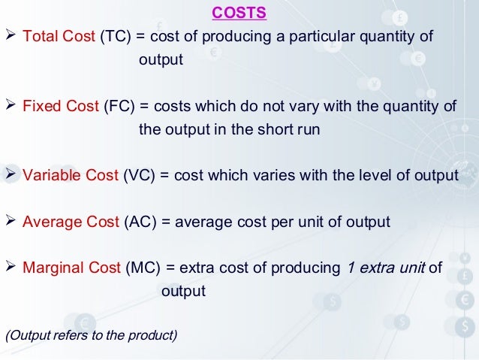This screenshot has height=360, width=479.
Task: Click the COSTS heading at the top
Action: click(x=239, y=14)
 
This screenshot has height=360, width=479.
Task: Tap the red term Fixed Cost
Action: click(x=61, y=106)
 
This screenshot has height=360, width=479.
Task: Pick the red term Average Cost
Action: click(x=71, y=222)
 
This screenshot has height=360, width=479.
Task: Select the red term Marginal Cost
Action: click(x=72, y=268)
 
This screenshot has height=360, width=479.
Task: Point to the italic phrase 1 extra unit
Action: click(x=386, y=268)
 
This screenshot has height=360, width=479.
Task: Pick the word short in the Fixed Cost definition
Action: click(x=267, y=129)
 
